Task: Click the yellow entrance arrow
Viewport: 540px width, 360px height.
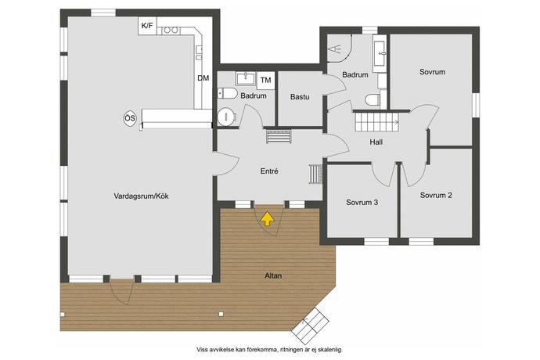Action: pyautogui.click(x=267, y=219)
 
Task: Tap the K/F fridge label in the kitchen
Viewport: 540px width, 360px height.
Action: pyautogui.click(x=147, y=26)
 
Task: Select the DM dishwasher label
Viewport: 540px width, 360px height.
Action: pyautogui.click(x=203, y=78)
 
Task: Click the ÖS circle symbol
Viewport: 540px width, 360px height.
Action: pyautogui.click(x=130, y=118)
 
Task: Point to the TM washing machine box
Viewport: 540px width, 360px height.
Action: pyautogui.click(x=265, y=81)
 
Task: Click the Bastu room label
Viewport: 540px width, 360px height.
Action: pyautogui.click(x=300, y=97)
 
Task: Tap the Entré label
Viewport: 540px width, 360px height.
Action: pyautogui.click(x=269, y=171)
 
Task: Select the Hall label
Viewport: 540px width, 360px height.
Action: pyautogui.click(x=376, y=142)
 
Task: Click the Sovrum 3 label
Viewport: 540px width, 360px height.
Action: pyautogui.click(x=362, y=202)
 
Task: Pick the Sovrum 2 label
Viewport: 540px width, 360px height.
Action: pyautogui.click(x=436, y=195)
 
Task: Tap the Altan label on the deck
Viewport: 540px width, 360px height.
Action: pyautogui.click(x=273, y=275)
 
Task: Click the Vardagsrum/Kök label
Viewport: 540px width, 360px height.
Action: pyautogui.click(x=141, y=196)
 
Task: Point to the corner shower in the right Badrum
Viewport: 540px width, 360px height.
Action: pyautogui.click(x=339, y=48)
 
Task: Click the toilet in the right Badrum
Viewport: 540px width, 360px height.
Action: pyautogui.click(x=373, y=99)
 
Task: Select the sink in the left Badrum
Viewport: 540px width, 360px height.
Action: pyautogui.click(x=246, y=78)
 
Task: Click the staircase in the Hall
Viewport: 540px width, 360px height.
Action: pyautogui.click(x=376, y=121)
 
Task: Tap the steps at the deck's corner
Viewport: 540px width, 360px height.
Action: pyautogui.click(x=310, y=326)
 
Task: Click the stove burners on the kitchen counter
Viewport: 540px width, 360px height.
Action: pyautogui.click(x=171, y=31)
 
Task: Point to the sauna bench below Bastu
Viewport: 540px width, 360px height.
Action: pyautogui.click(x=279, y=136)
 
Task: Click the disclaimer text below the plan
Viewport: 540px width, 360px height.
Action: pyautogui.click(x=270, y=350)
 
